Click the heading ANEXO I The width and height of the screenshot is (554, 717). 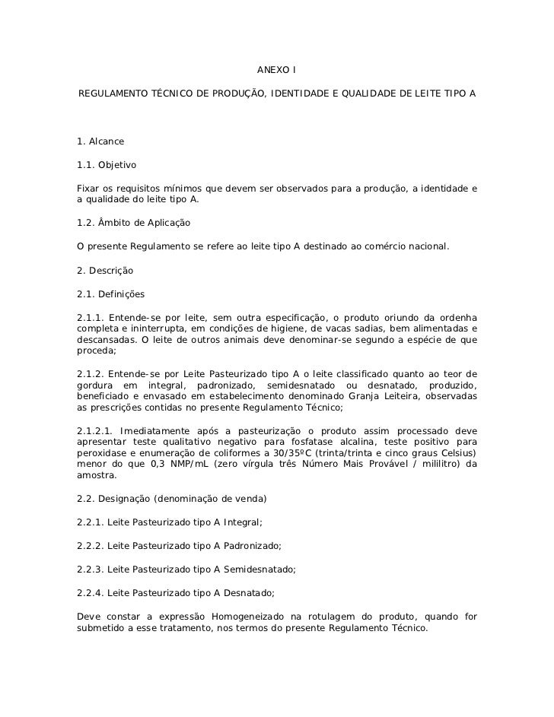click(276, 71)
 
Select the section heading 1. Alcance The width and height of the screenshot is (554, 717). click(100, 142)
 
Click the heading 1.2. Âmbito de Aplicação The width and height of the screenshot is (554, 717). click(133, 224)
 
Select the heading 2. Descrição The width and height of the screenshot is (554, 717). click(106, 271)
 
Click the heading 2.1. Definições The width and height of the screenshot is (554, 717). click(111, 293)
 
